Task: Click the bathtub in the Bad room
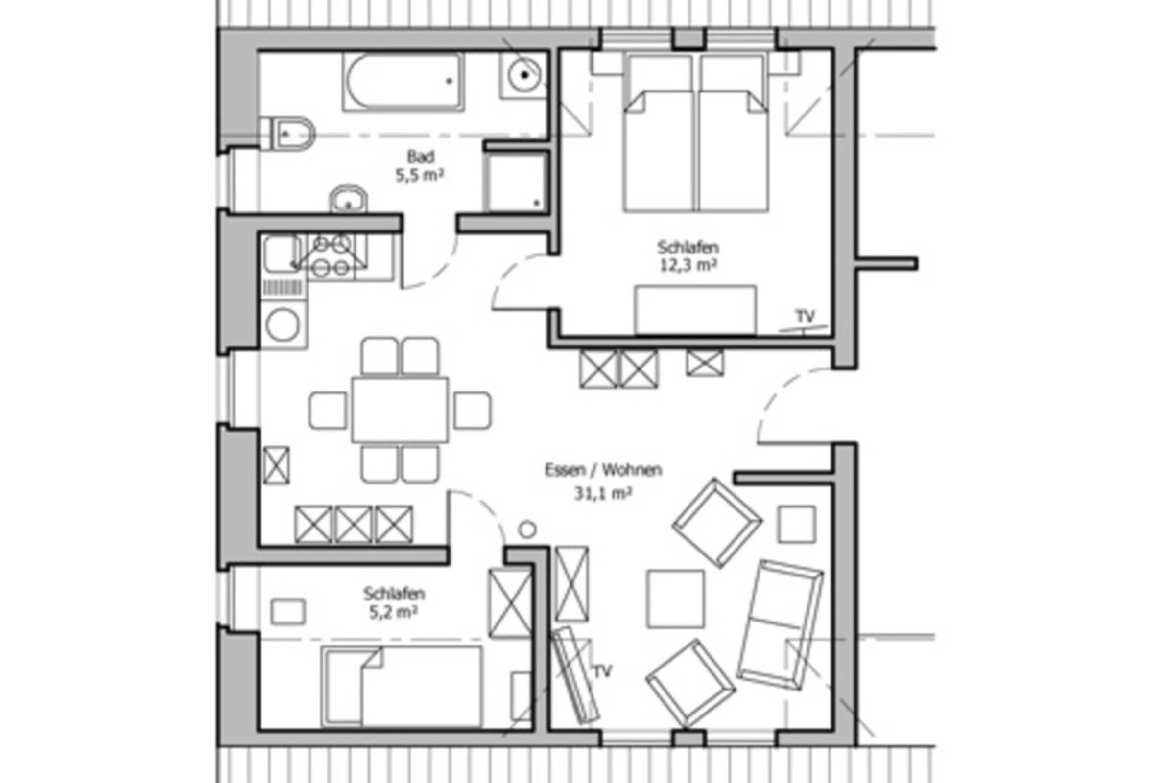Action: point(403,82)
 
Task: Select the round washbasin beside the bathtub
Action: point(523,75)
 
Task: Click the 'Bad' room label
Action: point(421,157)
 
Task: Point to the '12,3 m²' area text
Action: point(688,265)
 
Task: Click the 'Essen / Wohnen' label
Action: point(603,470)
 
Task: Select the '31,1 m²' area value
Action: point(603,493)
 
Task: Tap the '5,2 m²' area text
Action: point(394,612)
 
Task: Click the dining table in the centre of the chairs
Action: point(400,410)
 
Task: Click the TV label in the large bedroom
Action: point(805,316)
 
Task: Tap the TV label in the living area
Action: point(602,671)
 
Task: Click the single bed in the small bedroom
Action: point(402,687)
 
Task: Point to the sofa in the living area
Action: point(780,625)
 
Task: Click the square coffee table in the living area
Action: point(675,599)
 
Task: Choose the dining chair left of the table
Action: point(328,411)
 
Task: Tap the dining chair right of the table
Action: point(472,411)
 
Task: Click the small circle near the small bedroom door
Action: point(527,530)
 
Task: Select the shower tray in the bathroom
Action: point(517,182)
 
